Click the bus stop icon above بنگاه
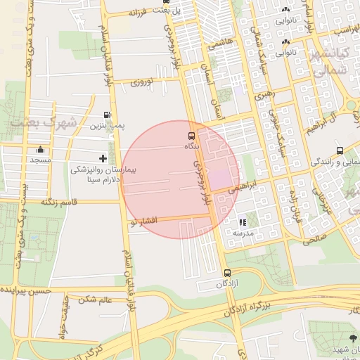(191, 135)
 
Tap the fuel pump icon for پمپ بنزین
(107, 115)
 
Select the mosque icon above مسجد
(41, 150)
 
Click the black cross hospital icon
(103, 159)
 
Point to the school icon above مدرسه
(243, 222)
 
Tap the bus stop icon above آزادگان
(226, 273)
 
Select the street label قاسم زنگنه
(58, 202)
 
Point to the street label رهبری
(264, 93)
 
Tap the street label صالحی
(316, 239)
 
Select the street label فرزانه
(145, 13)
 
